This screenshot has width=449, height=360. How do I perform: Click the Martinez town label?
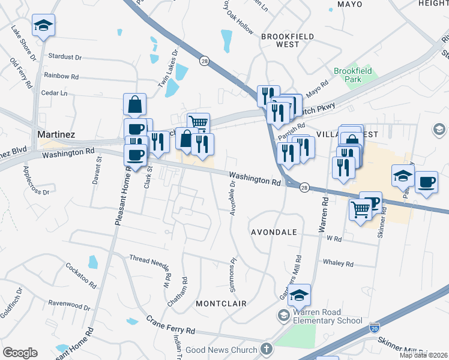(56, 134)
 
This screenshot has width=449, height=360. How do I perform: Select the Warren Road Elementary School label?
(325, 316)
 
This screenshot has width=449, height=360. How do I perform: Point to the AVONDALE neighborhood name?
(274, 232)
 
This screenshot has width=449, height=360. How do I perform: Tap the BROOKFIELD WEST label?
(288, 40)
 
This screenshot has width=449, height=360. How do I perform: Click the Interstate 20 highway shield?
(375, 328)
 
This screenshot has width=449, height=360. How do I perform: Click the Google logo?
(20, 353)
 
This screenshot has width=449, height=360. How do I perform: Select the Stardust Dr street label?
(65, 57)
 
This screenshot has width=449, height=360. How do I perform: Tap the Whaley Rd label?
(338, 263)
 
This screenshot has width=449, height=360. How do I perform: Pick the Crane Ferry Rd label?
(171, 322)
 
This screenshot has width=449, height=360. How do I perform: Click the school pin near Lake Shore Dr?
(43, 25)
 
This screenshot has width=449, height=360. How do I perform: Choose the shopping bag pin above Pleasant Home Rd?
(135, 103)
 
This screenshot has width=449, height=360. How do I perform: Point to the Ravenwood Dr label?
(69, 305)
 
